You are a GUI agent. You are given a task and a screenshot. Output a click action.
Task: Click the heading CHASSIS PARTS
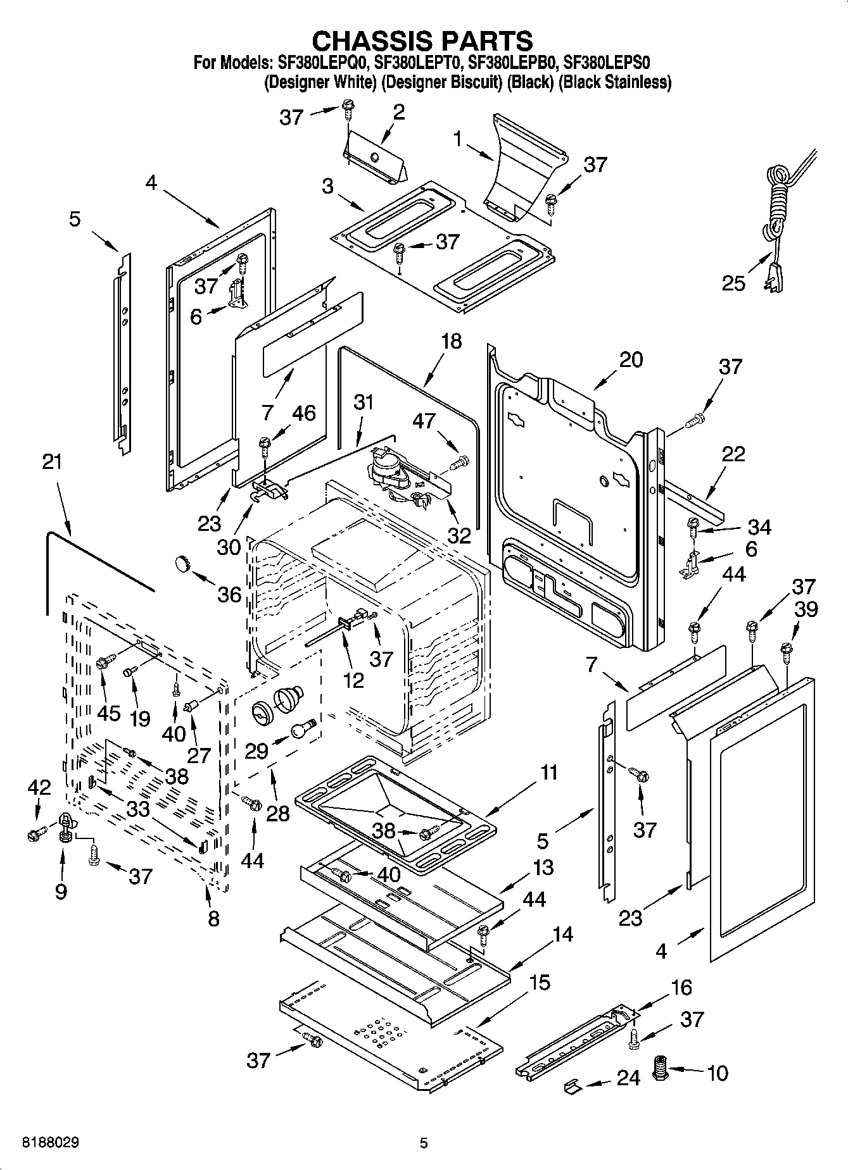pyautogui.click(x=422, y=40)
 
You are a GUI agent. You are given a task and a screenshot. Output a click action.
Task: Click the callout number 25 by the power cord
pyautogui.click(x=734, y=283)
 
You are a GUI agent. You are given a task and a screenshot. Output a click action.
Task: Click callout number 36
pyautogui.click(x=230, y=594)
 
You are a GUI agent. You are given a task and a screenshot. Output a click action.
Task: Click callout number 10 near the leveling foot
pyautogui.click(x=717, y=1073)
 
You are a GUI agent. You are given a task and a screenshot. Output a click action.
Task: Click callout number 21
pyautogui.click(x=52, y=462)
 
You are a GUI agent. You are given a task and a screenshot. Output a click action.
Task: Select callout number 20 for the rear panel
pyautogui.click(x=630, y=359)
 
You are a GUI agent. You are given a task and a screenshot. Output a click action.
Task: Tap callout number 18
pyautogui.click(x=452, y=341)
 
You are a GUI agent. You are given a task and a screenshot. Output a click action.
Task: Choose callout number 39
pyautogui.click(x=806, y=609)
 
